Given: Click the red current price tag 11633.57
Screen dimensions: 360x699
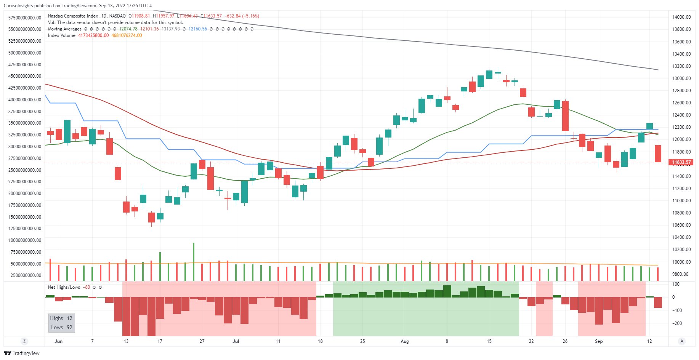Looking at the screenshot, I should click(x=681, y=162).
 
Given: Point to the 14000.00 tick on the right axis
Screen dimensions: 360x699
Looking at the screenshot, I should click(x=681, y=17).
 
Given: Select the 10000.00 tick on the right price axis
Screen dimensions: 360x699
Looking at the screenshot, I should click(x=681, y=262).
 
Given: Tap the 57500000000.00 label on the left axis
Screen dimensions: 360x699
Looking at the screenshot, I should click(x=25, y=18).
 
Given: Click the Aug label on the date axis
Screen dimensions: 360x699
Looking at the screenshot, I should click(x=405, y=341).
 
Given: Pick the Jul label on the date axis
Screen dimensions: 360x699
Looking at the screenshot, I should click(x=236, y=341).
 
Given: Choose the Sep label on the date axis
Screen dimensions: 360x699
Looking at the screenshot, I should click(x=599, y=341).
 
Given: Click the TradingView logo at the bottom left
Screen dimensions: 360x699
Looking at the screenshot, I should click(x=22, y=353).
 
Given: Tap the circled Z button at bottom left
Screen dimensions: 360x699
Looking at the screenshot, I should click(x=24, y=341).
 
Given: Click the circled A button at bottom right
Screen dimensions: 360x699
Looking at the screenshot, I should click(x=682, y=341).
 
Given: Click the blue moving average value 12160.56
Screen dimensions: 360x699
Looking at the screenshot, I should click(x=198, y=29).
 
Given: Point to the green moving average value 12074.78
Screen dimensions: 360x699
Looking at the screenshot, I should click(x=128, y=29).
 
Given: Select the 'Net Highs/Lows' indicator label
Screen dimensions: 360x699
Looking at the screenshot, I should click(x=64, y=287).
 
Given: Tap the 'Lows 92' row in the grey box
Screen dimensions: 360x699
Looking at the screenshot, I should click(x=62, y=327).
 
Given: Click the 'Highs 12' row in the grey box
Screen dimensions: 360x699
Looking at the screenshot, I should click(x=61, y=318).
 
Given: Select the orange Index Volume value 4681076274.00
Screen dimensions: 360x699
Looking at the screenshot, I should click(x=127, y=35).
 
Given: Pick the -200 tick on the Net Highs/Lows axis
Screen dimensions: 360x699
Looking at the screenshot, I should click(x=677, y=323).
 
